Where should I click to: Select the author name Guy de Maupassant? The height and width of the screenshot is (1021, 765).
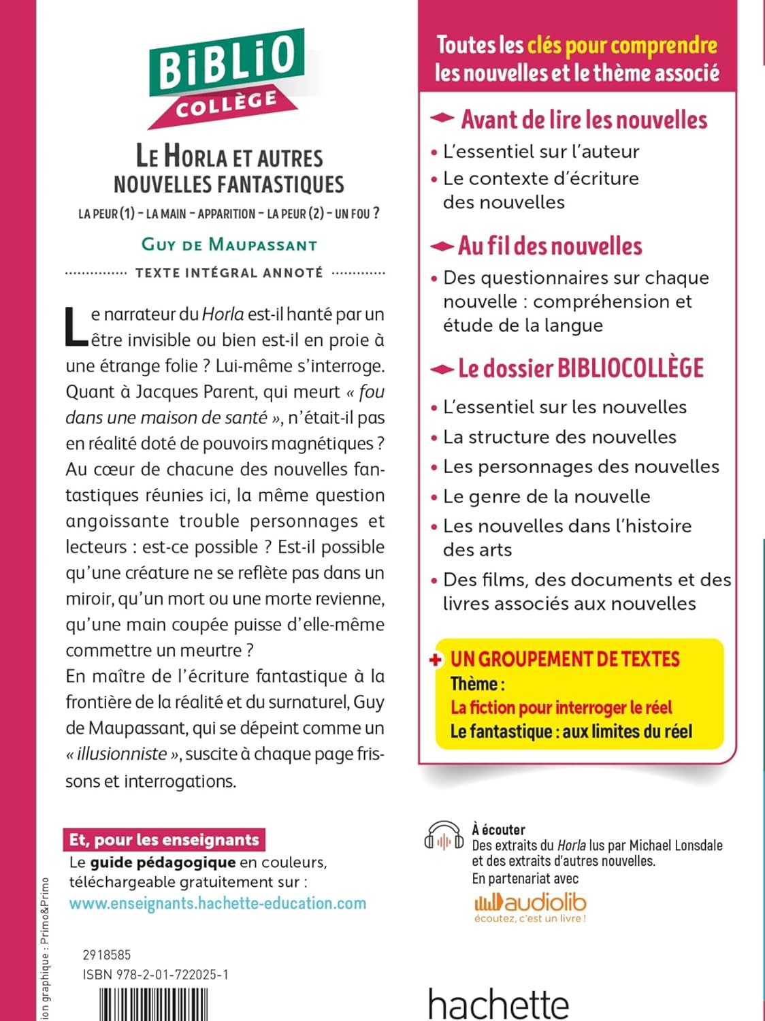click(x=229, y=244)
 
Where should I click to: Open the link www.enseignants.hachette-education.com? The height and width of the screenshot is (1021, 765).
click(x=218, y=903)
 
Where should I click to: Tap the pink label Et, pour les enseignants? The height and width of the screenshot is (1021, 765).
click(x=164, y=840)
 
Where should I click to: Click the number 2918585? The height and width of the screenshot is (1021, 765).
click(x=107, y=955)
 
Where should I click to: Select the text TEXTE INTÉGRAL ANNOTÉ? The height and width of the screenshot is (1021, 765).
click(x=229, y=273)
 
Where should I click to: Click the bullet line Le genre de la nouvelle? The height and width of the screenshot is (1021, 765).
click(x=547, y=496)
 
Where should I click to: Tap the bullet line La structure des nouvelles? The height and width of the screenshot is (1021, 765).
click(x=559, y=437)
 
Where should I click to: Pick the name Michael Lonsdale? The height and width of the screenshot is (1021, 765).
click(x=675, y=845)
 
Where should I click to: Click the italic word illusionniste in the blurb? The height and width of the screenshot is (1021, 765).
click(x=122, y=754)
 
